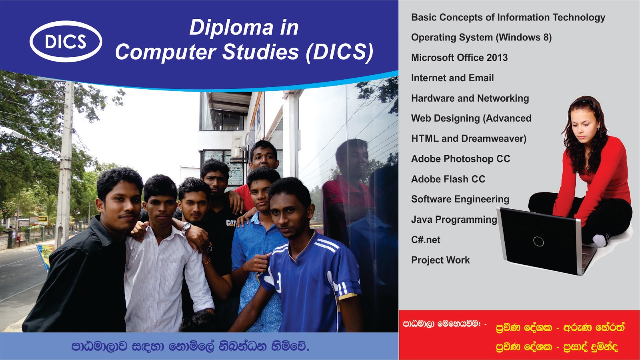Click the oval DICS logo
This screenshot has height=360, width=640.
pos(66,42)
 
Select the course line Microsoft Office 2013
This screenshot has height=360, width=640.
pos(459,58)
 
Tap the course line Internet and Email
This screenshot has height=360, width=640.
pos(452,78)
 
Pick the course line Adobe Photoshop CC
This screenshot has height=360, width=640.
pos(460,159)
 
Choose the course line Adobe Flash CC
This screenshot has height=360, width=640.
pos(448,179)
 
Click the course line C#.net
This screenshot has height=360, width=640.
pos(426,240)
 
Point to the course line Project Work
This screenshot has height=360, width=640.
pos(440,260)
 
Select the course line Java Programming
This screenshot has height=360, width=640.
pos(454,220)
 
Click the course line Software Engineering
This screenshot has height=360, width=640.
pos(460,199)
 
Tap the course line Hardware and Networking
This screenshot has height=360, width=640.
pos(470,98)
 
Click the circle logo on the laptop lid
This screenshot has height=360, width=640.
pos(538,241)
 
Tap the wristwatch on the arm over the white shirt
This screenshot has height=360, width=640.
pos(186,228)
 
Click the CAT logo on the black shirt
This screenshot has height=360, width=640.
pos(231,223)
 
